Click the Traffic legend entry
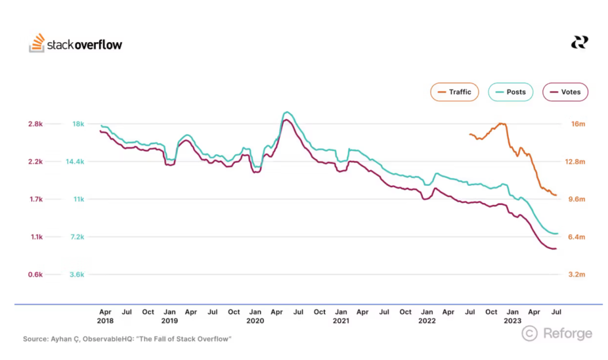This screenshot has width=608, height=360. pos(454,92)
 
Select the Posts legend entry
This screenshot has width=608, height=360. pos(510,92)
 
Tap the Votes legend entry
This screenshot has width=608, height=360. pos(565,92)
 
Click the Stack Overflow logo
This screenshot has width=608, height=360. pos(75,44)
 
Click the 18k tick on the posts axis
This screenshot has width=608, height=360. pos(77,124)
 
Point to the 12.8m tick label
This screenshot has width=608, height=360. pos(576,161)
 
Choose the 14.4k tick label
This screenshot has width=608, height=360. pos(75,161)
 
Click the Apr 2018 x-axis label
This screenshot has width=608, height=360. pos(105,316)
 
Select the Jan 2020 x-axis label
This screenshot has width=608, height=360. pos(255,316)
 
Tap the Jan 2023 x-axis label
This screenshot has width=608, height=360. pos(512,316)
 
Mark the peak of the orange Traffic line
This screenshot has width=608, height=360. pos(501,123)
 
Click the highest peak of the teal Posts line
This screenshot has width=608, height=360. pos(287,112)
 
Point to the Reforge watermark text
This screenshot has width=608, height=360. pos(567,334)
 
